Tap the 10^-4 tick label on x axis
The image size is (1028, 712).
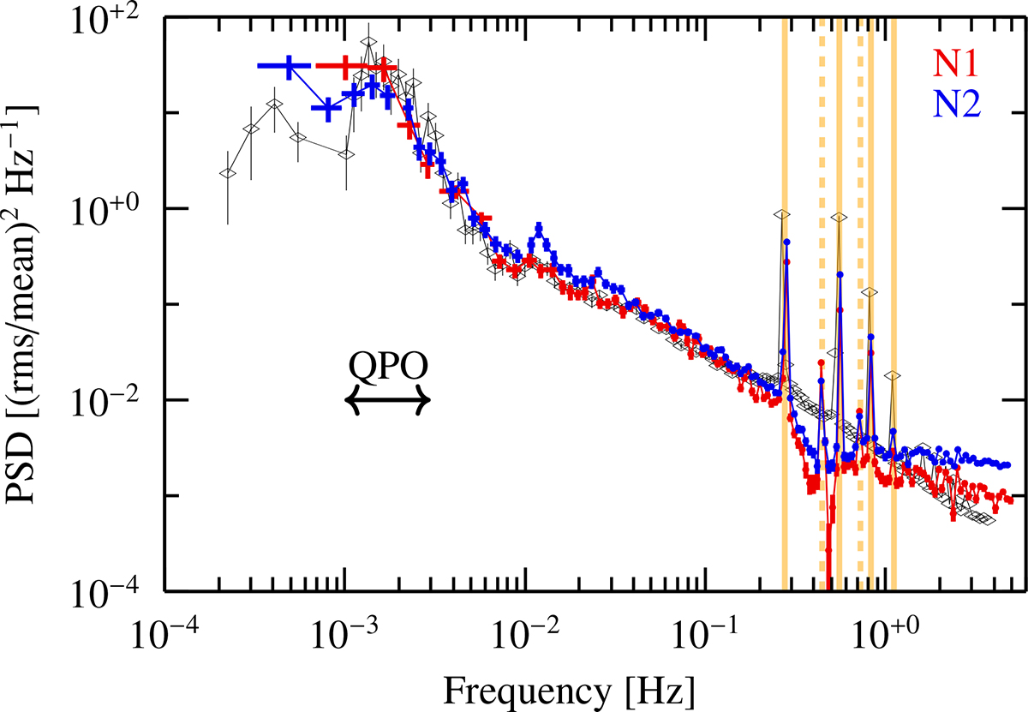click(x=164, y=638)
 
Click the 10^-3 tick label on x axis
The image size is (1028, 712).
click(x=344, y=638)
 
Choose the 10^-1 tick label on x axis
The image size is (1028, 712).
click(x=703, y=638)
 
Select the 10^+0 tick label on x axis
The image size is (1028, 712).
click(x=883, y=638)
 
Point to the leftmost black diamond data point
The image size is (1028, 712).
click(x=227, y=173)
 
